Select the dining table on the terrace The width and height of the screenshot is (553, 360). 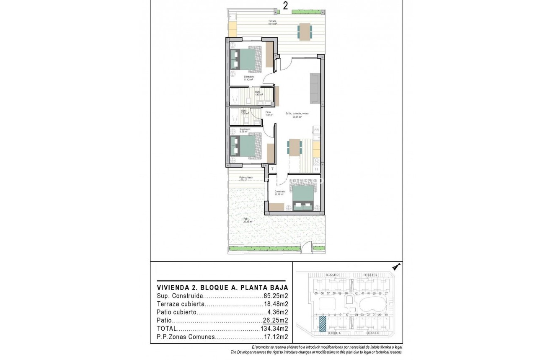pos(305,32)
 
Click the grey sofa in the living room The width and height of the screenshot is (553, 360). pos(314,88)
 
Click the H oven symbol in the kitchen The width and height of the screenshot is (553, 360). pos(317,169)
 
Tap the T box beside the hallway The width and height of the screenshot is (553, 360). pos(272,169)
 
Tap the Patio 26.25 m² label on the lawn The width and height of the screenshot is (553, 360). pos(248,220)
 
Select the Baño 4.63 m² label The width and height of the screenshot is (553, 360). pos(258,93)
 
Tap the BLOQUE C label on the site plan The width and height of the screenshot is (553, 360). pos(370,275)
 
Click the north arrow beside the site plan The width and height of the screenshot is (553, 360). pos(396,266)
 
